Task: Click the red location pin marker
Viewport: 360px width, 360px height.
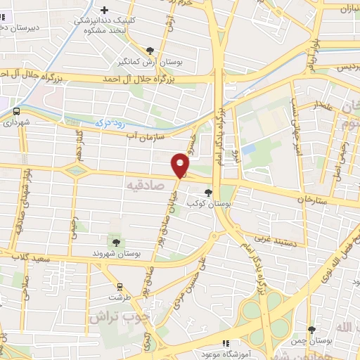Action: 181,165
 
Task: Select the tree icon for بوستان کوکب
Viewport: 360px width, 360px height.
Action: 207,191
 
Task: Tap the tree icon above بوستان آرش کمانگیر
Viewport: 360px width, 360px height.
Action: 150,50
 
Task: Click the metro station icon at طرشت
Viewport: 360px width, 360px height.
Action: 120,286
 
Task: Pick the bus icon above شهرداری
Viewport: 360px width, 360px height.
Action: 15,110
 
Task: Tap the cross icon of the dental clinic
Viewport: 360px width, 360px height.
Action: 105,10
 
